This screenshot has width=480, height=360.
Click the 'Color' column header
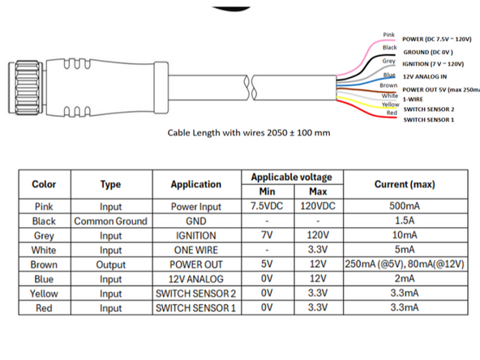click(44, 184)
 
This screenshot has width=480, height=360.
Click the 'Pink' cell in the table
click(44, 206)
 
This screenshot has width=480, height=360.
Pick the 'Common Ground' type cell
click(110, 221)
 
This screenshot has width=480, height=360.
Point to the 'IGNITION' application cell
click(195, 235)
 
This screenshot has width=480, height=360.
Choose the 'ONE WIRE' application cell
click(195, 250)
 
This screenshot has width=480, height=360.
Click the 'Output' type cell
click(110, 264)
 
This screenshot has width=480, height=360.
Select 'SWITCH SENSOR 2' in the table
click(195, 294)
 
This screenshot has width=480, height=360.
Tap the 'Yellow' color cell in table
click(44, 294)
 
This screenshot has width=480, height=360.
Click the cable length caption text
click(248, 133)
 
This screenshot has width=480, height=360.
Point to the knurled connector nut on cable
click(19, 80)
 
